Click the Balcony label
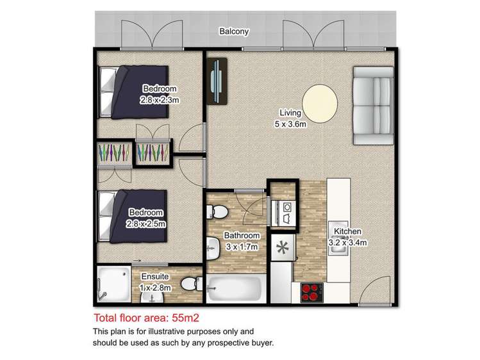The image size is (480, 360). coord(234,31)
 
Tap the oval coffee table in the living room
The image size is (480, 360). coord(320,104)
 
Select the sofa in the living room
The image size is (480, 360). coord(374,106)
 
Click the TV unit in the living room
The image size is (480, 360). coord(217,81)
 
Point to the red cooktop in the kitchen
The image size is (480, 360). coord(312,292)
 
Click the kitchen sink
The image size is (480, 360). coord(338,238)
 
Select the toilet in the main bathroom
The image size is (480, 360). coord(217,211)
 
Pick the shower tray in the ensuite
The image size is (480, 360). coord(114,284)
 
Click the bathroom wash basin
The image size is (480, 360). coord(213,249)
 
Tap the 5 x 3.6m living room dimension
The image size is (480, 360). coord(290,124)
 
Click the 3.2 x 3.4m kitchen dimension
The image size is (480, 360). coord(348,243)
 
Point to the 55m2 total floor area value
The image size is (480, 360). coord(185,318)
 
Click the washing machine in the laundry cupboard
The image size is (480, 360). coord(283,213)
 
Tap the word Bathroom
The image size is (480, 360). coord(242,236)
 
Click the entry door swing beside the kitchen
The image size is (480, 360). coord(374,291)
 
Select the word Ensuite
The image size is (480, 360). coord(155,277)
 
